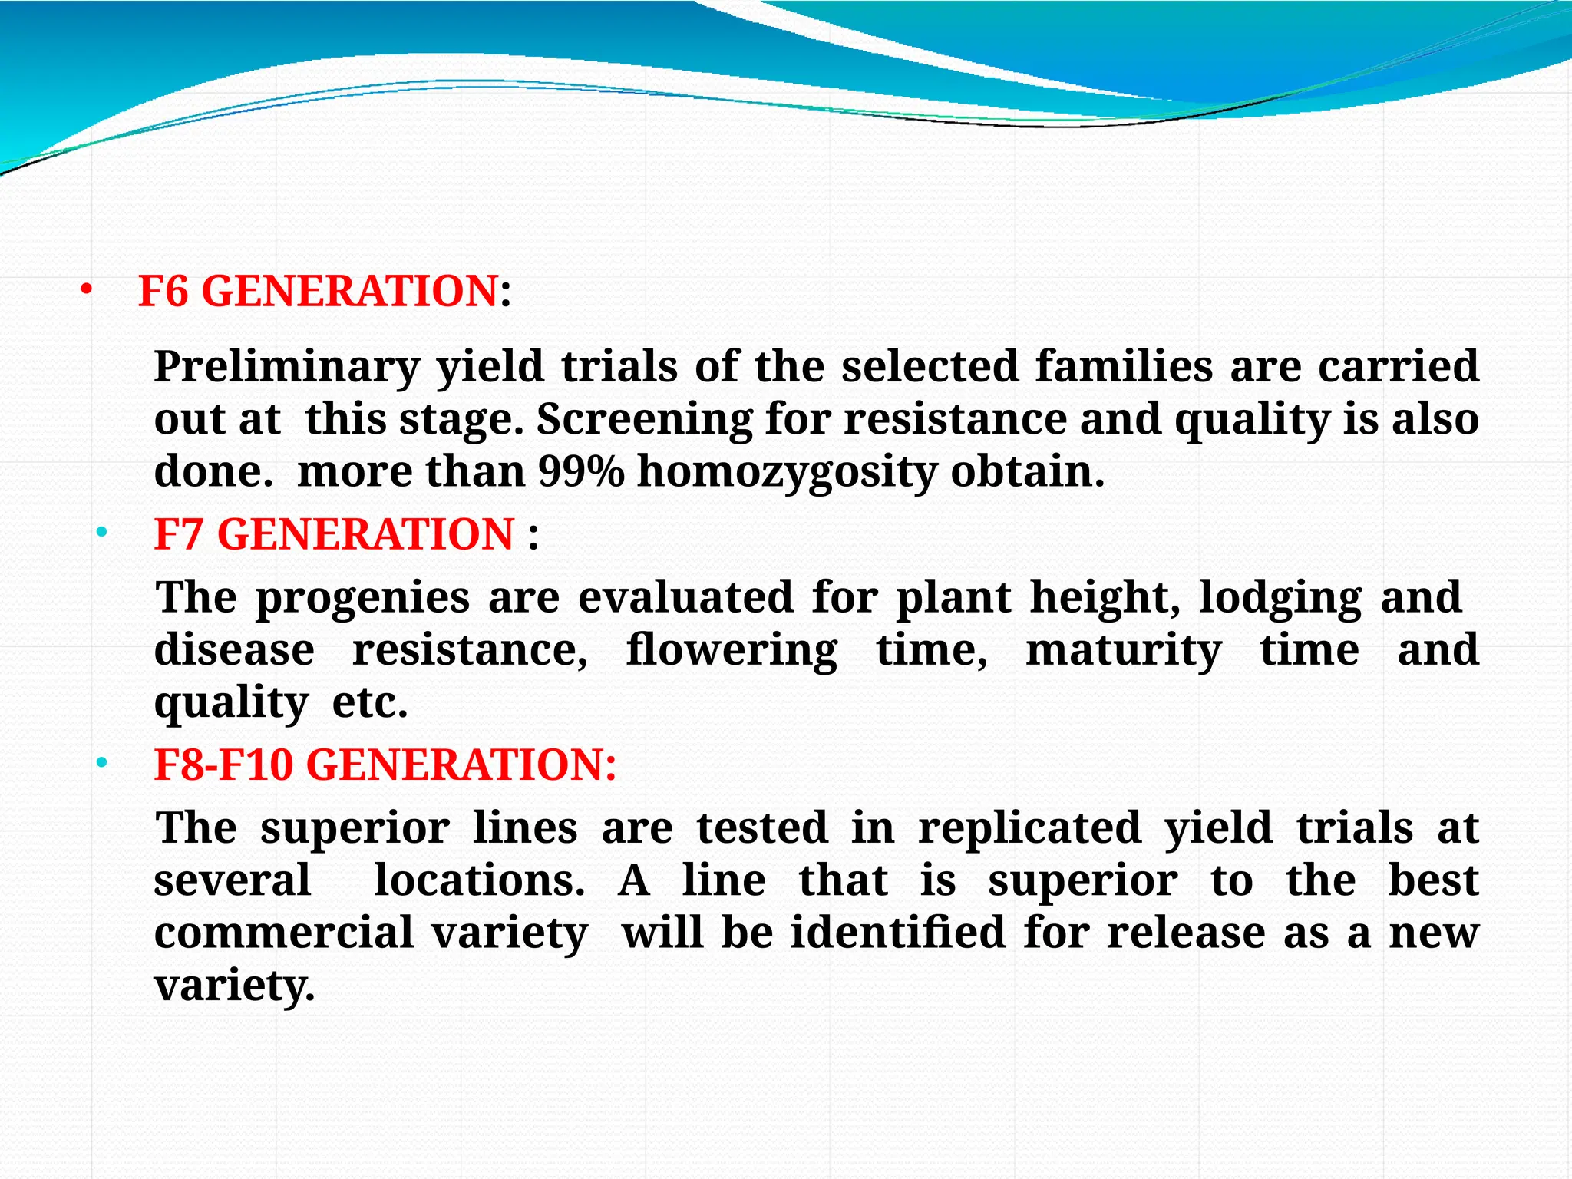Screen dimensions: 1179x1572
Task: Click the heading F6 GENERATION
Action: click(x=318, y=292)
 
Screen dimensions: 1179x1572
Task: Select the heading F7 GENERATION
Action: click(x=334, y=534)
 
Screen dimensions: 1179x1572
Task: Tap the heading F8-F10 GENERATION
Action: click(x=385, y=765)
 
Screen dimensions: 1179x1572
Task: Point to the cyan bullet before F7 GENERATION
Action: click(x=101, y=533)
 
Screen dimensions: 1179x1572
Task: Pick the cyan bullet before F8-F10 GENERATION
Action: click(x=101, y=764)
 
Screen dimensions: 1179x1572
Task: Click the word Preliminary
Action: click(x=287, y=367)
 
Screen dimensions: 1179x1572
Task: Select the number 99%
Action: click(x=581, y=471)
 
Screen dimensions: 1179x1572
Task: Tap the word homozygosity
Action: click(x=787, y=473)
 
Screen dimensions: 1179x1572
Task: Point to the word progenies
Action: click(x=362, y=599)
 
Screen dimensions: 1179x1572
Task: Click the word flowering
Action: click(x=732, y=651)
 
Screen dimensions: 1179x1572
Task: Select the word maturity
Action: click(x=1123, y=651)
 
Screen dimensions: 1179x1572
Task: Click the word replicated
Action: click(x=1029, y=829)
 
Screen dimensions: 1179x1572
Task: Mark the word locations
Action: click(x=479, y=880)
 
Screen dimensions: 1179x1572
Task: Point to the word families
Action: click(x=1124, y=367)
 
